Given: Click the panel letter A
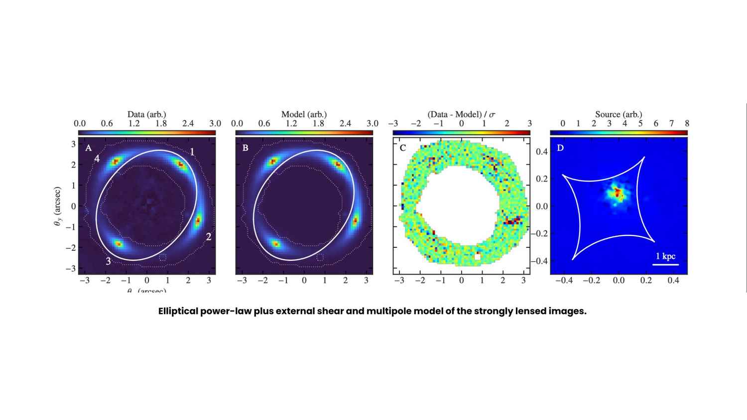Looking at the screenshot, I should [x=89, y=148].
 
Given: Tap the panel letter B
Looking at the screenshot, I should [x=245, y=148].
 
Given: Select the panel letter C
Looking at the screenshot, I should [x=403, y=148].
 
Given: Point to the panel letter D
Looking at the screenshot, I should [x=560, y=148].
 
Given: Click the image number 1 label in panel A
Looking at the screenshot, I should [x=192, y=152].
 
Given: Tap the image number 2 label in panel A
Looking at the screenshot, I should [x=209, y=237].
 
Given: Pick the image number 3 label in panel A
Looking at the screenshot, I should [x=108, y=261].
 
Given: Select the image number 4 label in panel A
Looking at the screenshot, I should [x=98, y=159].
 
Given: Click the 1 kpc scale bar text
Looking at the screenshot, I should [x=665, y=256].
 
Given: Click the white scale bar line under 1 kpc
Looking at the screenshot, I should [x=665, y=264].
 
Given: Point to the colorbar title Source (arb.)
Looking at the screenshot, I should [x=619, y=114].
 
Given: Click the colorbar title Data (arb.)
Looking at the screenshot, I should [x=146, y=114].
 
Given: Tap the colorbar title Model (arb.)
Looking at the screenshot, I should [x=304, y=114].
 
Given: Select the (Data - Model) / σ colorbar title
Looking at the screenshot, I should [x=461, y=114].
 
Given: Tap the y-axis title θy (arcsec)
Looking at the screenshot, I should [x=57, y=207].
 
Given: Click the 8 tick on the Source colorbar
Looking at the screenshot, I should [x=687, y=123].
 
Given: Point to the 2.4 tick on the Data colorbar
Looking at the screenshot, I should [x=188, y=123].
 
